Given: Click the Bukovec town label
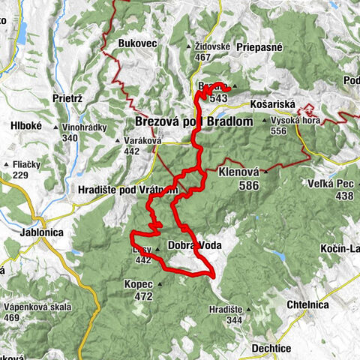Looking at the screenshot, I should [137, 43].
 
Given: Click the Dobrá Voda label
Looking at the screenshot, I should [193, 245].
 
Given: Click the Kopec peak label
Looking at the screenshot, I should [139, 285].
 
